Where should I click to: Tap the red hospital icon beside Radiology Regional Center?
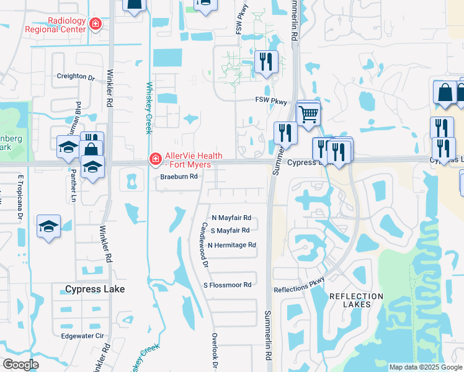point(95,24)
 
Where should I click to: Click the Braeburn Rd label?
point(179,177)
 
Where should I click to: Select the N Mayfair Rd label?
point(231,218)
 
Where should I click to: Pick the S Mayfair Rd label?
point(231,231)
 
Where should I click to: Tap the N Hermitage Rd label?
point(232,246)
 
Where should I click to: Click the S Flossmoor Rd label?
point(228,285)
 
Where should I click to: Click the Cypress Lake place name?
point(95,290)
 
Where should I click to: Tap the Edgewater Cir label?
point(82,337)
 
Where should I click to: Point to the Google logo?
point(20,365)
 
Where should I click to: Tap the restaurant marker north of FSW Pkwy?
point(265,63)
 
